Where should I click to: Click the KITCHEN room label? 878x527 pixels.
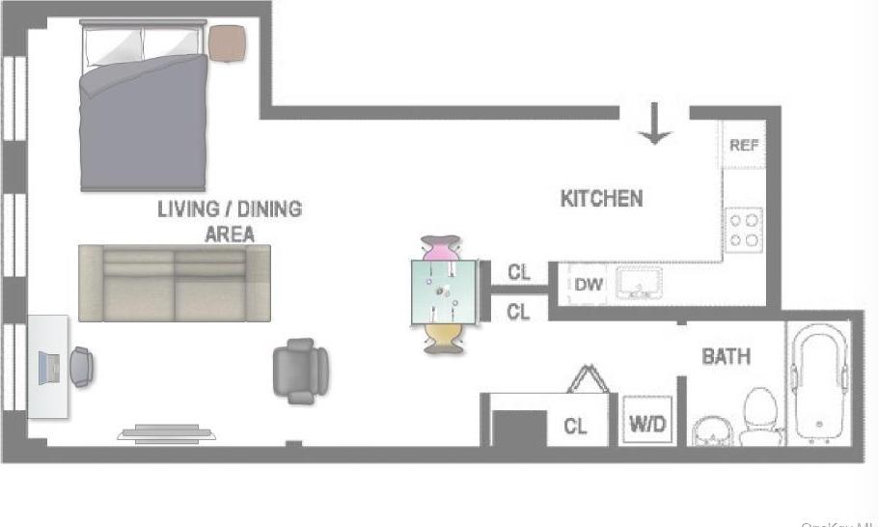pos(601,199)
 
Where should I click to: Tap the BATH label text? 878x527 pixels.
pos(726,357)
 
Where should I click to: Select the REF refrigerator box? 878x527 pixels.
pos(744,146)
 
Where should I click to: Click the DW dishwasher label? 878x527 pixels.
pos(590,285)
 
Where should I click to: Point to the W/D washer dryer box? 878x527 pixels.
pos(646,423)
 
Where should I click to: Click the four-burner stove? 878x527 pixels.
pos(744,230)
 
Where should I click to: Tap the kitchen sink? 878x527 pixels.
pos(639,283)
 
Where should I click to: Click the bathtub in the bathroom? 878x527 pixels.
pos(819,384)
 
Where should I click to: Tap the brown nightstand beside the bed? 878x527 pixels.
pos(230,42)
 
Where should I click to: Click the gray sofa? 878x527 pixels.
pos(174,283)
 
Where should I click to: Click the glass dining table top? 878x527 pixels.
pos(443,291)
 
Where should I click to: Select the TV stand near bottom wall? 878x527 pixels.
pos(166,433)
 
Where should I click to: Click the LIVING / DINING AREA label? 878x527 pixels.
pos(230,221)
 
